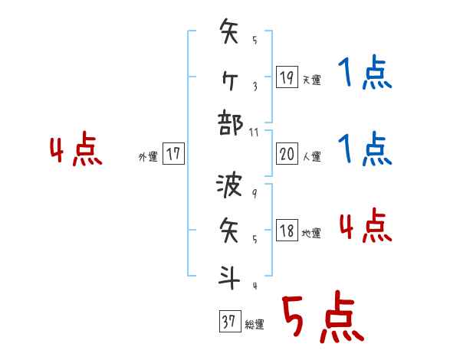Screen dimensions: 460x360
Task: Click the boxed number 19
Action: pos(287,77)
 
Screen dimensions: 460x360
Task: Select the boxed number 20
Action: pos(287,154)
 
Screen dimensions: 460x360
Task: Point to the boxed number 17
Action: pos(173,154)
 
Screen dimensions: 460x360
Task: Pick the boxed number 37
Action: pos(228,322)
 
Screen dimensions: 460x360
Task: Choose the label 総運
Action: pos(254,325)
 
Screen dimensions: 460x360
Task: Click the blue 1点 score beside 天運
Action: pos(365,74)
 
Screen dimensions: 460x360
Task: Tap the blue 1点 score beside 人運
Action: pos(365,149)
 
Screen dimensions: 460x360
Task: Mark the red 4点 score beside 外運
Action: pos(76,150)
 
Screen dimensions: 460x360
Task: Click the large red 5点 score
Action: pos(322,318)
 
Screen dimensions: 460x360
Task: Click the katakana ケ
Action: pos(229,77)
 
